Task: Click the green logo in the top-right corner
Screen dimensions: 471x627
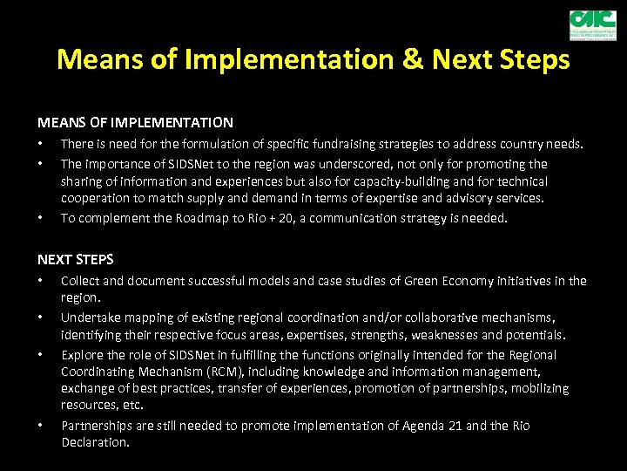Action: [x=592, y=24]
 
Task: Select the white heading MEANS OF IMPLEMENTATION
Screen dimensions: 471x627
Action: [x=135, y=123]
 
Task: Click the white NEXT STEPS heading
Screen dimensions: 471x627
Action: [x=75, y=259]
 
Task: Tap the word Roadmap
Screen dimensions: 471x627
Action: [x=197, y=218]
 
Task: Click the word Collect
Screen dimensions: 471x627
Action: [x=80, y=281]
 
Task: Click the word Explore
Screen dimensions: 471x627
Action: [x=82, y=355]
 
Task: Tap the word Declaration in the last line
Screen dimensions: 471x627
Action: [x=94, y=442]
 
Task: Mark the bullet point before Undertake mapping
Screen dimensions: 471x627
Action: [x=40, y=317]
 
